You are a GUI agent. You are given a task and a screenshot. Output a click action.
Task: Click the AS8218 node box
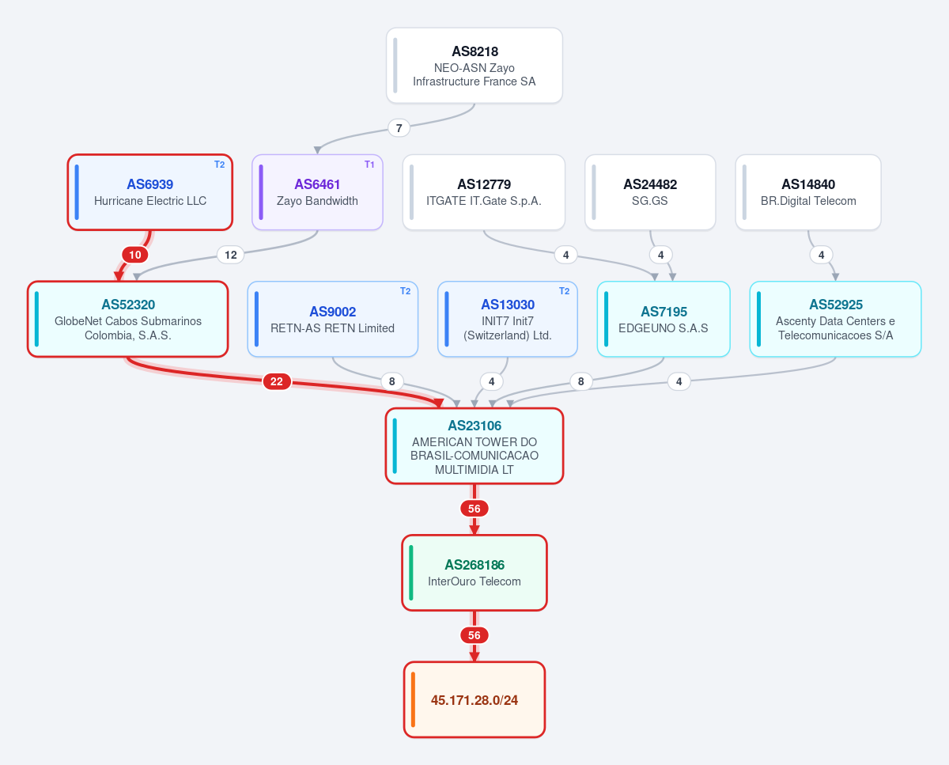click(x=474, y=66)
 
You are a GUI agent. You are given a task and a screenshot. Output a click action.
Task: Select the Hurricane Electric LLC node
click(x=150, y=192)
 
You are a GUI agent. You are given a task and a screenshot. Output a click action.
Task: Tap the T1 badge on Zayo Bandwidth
click(x=369, y=165)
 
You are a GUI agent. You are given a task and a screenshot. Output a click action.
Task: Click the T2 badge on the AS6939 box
click(x=220, y=165)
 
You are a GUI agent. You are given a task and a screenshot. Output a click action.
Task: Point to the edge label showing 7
click(x=399, y=128)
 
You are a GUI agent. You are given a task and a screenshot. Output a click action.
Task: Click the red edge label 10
click(x=135, y=255)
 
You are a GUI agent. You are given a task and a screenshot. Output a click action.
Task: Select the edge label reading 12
click(x=231, y=255)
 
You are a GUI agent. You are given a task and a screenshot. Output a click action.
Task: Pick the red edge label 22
click(x=277, y=381)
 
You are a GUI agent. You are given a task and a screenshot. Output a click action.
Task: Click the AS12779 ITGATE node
click(x=484, y=192)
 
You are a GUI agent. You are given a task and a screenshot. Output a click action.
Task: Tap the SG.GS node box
click(x=650, y=192)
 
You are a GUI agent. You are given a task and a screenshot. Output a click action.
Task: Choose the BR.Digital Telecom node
click(x=808, y=192)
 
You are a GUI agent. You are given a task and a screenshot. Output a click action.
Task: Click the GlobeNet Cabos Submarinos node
click(x=128, y=319)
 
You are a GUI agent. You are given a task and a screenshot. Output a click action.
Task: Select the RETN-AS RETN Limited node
click(x=332, y=319)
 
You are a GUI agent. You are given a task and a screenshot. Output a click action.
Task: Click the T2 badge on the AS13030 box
click(x=565, y=291)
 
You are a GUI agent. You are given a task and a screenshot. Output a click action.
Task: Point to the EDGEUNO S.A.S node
click(x=664, y=319)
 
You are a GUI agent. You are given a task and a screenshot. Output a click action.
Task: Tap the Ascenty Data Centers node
click(x=835, y=319)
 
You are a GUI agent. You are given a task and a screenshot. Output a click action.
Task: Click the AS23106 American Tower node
click(x=475, y=446)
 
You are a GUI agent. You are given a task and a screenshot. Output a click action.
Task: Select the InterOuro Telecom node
click(x=475, y=573)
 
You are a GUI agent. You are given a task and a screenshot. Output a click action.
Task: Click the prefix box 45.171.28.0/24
click(x=475, y=699)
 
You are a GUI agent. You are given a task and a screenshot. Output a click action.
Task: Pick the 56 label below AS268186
click(x=474, y=635)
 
